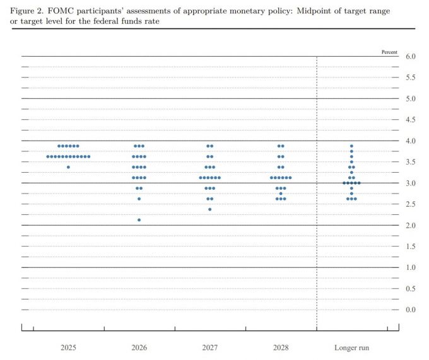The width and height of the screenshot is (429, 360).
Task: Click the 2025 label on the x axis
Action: (68, 347)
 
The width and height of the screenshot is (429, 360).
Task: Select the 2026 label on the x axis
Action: (139, 347)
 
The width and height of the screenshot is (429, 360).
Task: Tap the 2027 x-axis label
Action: (210, 347)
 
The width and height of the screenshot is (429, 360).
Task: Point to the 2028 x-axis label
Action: (281, 347)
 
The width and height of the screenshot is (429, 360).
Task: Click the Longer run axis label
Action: (351, 347)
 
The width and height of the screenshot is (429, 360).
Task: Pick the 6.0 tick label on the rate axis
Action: (410, 57)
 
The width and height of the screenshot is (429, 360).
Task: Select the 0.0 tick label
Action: (410, 310)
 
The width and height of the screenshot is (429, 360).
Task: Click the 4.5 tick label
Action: (410, 120)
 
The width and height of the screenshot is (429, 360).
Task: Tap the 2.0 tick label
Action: (410, 225)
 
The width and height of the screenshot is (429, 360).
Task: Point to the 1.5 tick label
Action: (410, 247)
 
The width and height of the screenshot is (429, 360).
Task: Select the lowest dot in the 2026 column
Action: (139, 220)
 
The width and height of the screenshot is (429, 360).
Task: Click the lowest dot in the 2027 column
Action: (210, 209)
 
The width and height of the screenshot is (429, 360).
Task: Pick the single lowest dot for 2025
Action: (68, 167)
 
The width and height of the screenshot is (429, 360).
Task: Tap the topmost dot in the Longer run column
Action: (351, 146)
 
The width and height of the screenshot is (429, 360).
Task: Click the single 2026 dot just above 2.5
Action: (139, 199)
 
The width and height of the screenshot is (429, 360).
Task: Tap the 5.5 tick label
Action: (410, 78)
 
